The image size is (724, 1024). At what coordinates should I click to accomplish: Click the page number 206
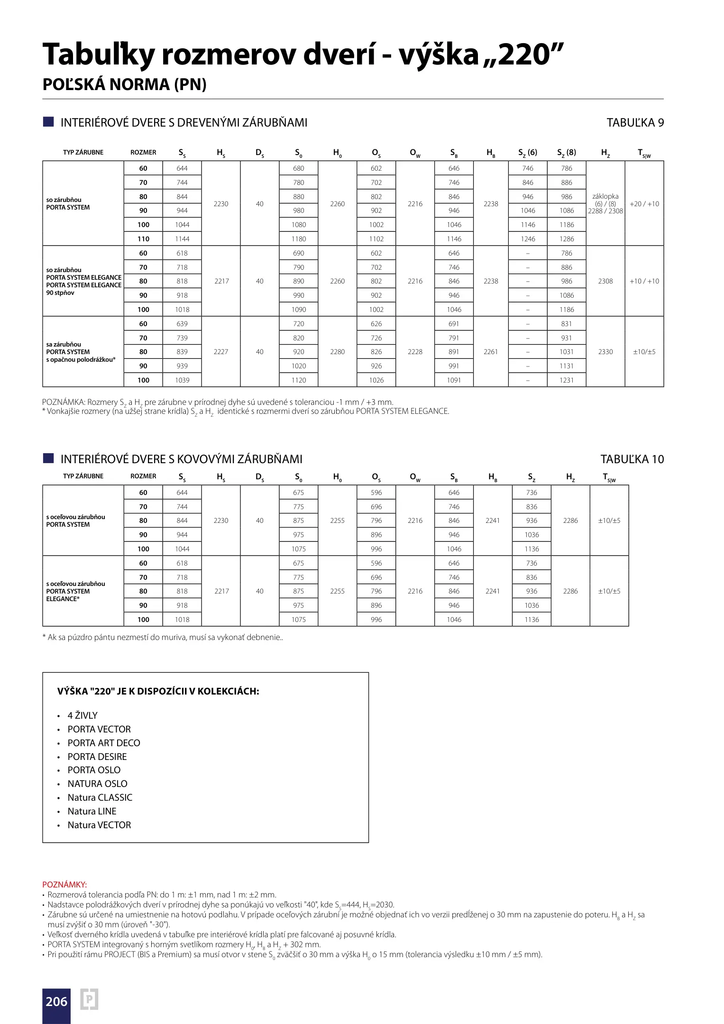tap(56, 1001)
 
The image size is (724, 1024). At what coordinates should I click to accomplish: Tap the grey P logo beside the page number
tap(89, 999)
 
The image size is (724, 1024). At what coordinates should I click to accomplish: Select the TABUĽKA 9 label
tap(635, 123)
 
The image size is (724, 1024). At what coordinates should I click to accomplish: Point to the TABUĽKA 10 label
tap(632, 459)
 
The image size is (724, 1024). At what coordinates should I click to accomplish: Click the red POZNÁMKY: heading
tap(64, 884)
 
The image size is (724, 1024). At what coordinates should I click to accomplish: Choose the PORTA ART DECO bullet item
tap(104, 743)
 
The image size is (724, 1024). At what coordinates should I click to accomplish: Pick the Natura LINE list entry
tap(92, 811)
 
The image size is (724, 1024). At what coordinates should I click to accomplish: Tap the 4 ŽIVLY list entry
tap(82, 715)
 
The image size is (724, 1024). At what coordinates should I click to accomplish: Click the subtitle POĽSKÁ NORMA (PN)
tap(125, 84)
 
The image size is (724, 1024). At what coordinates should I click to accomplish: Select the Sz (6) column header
tap(528, 153)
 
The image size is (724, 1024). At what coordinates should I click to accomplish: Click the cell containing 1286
tap(567, 239)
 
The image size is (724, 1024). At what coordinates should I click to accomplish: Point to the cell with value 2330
tap(605, 352)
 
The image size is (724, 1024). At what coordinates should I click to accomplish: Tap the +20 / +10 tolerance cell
tap(644, 204)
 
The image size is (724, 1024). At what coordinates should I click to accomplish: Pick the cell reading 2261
tap(491, 352)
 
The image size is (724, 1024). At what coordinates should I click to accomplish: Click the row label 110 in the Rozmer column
tap(143, 239)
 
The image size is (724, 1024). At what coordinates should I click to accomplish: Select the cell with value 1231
tap(567, 380)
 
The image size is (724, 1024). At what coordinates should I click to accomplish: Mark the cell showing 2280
tap(338, 352)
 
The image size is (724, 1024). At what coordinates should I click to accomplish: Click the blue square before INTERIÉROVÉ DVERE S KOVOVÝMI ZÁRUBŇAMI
tap(48, 458)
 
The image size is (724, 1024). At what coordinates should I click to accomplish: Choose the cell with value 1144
tap(182, 239)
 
